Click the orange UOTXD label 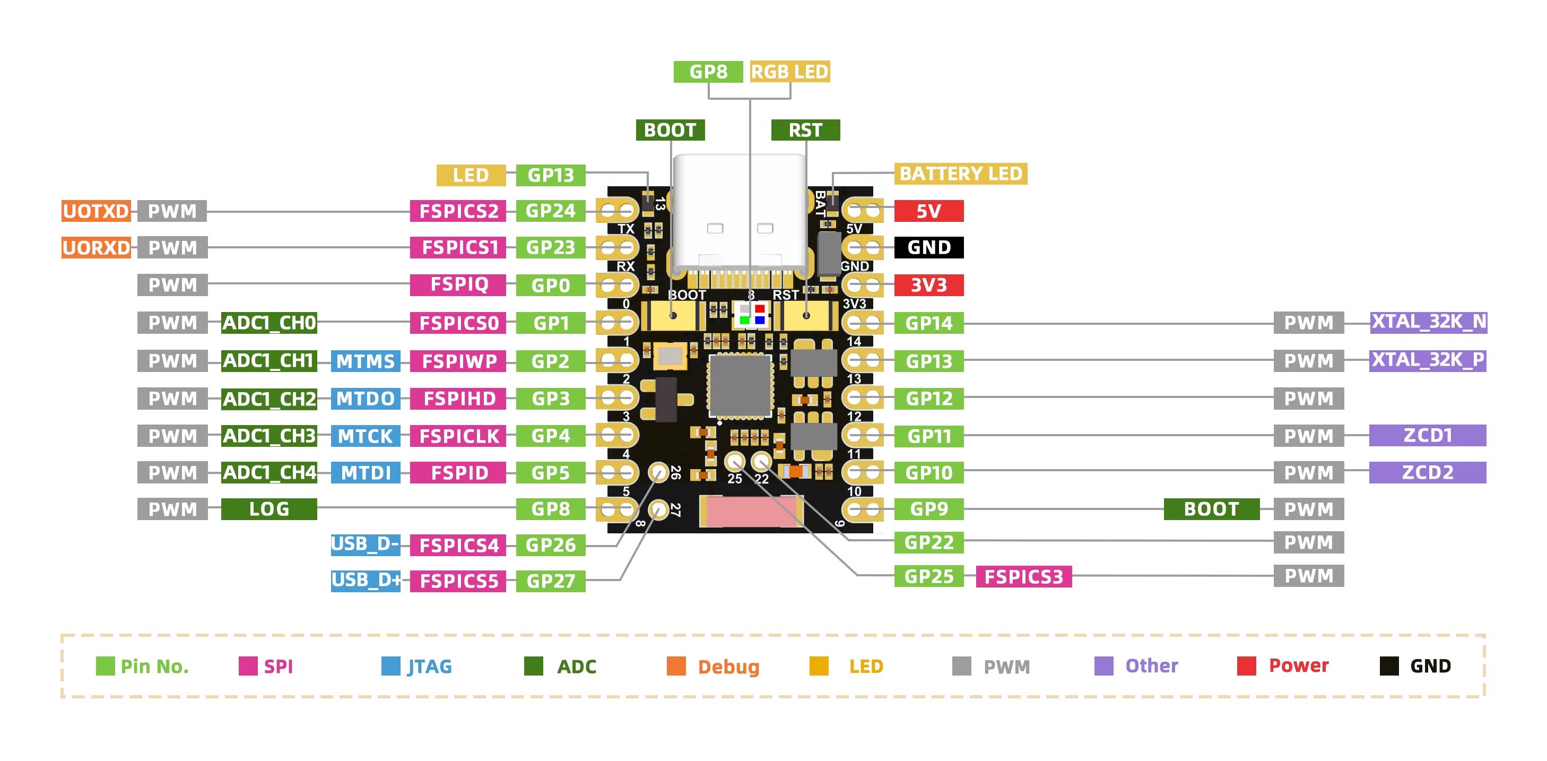click(96, 211)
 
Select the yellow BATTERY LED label click(960, 174)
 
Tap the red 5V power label click(928, 211)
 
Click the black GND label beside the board click(928, 247)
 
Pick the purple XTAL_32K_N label click(1428, 323)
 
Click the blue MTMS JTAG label click(365, 361)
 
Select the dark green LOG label click(268, 509)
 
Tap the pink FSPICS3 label click(1023, 577)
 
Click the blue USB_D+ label click(365, 580)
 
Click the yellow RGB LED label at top click(790, 72)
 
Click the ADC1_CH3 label click(268, 436)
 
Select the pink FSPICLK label click(458, 436)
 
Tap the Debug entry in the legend click(728, 667)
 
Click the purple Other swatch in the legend click(1103, 666)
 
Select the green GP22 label click(928, 542)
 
